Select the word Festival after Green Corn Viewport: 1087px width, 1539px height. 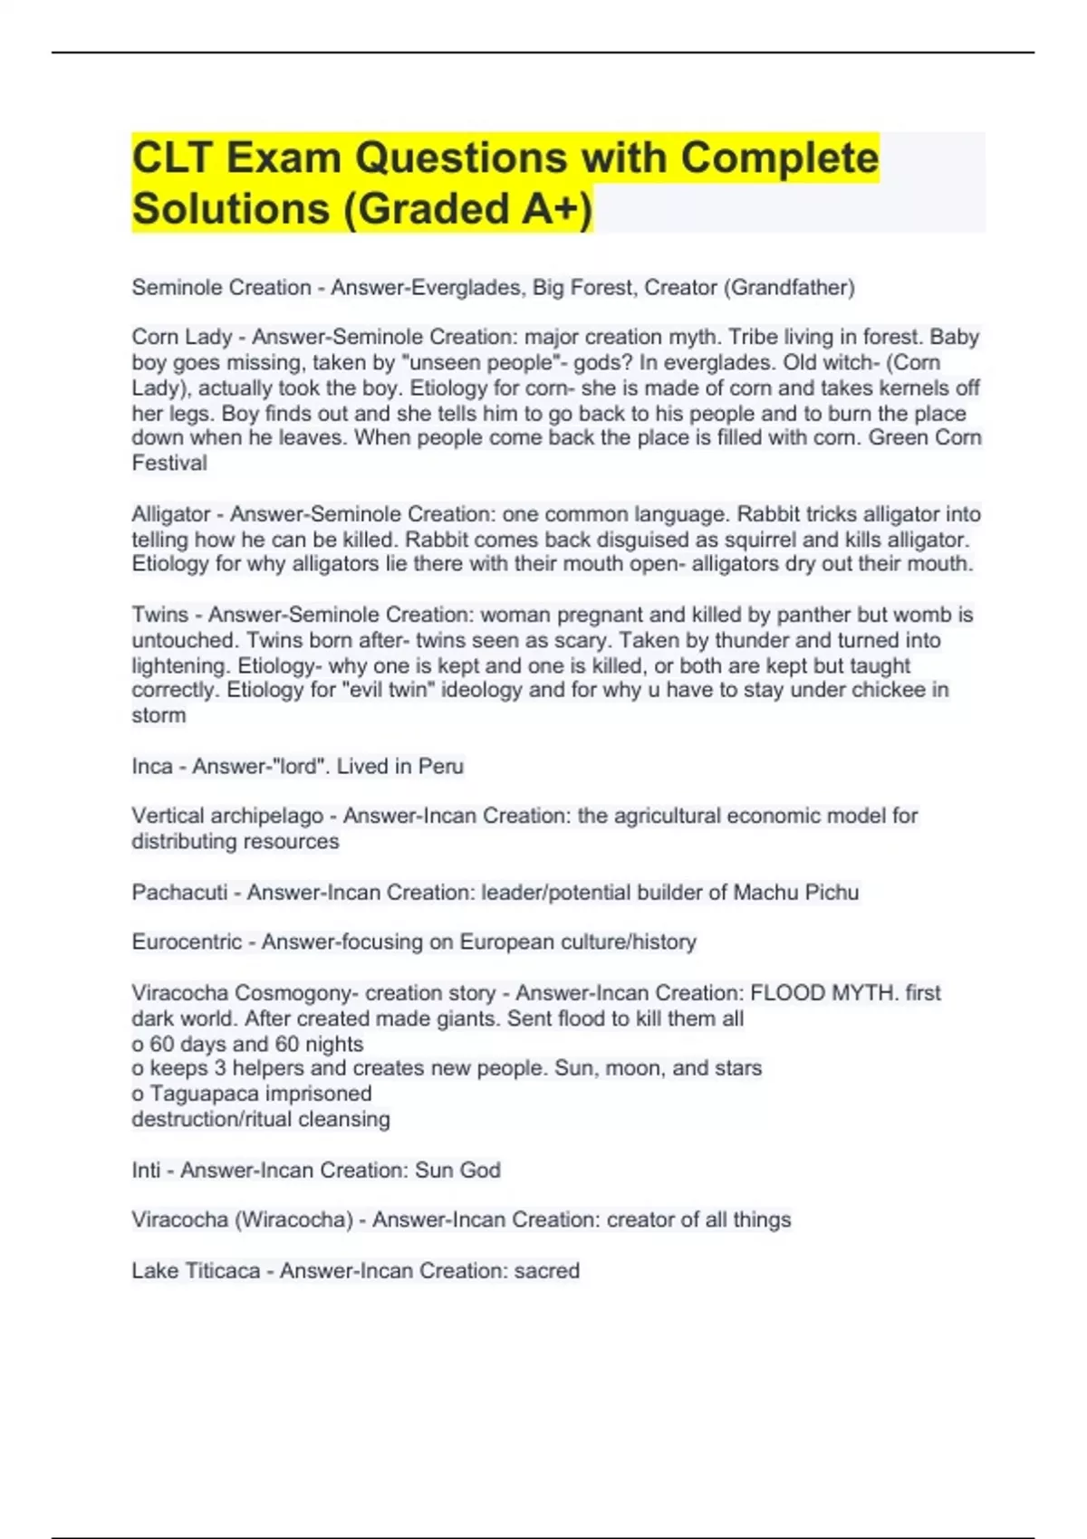[x=169, y=464]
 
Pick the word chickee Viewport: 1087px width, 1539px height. [x=867, y=690]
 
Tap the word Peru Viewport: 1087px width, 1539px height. [x=441, y=767]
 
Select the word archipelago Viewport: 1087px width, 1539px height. [x=267, y=816]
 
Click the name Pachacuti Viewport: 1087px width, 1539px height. [x=179, y=893]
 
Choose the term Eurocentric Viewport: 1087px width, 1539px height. [x=187, y=942]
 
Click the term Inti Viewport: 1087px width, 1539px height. [x=146, y=1171]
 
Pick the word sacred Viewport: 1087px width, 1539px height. [x=546, y=1271]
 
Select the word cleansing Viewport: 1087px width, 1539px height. [x=344, y=1120]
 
